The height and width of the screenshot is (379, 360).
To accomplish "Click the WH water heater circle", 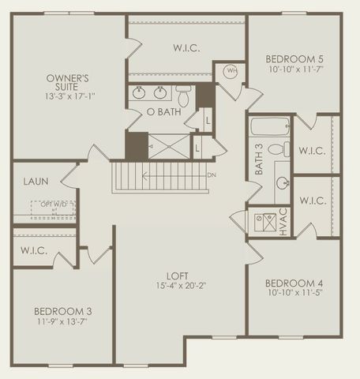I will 232,70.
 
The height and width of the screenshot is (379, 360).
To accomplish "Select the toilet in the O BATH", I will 183,96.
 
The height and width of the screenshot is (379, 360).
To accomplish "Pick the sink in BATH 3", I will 282,182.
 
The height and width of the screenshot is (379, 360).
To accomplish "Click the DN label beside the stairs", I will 211,174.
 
